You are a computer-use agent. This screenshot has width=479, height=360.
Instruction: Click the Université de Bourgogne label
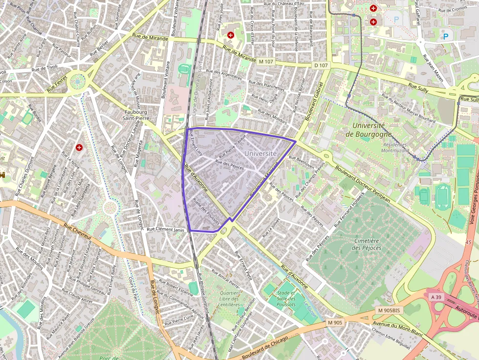[368, 130]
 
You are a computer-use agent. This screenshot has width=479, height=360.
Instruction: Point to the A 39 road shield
[435, 296]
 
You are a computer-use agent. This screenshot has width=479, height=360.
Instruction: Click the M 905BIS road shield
[389, 310]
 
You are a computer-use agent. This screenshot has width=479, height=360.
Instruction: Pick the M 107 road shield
[267, 62]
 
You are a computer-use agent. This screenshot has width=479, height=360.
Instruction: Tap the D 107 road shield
[321, 65]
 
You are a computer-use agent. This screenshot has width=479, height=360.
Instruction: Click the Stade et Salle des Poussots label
[286, 298]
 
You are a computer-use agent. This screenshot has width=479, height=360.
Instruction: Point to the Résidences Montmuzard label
[394, 148]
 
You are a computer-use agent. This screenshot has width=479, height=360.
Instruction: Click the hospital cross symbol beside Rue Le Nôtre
[79, 147]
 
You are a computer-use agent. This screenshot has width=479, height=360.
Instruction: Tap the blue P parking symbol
[445, 36]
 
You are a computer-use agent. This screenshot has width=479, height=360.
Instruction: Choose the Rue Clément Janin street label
[166, 229]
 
